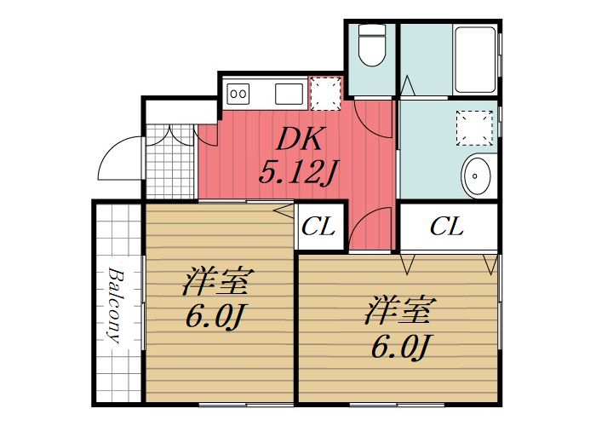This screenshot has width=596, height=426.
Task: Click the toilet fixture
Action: click(371, 46)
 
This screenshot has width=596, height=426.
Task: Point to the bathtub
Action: click(474, 60)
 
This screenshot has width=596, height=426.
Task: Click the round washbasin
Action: click(478, 176)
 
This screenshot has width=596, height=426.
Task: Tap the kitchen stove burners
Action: click(239, 92)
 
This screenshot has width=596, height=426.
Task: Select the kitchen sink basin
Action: click(286, 92)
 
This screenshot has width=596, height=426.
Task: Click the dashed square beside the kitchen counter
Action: click(324, 93)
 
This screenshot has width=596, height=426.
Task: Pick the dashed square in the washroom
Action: click(473, 128)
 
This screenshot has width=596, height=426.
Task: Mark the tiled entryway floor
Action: click(169, 162)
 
